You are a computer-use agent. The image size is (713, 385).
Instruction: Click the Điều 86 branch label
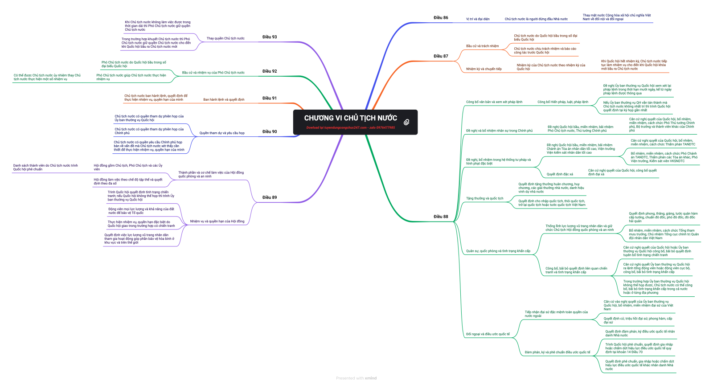click(x=441, y=18)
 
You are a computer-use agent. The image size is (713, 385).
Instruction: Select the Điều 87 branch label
click(x=441, y=56)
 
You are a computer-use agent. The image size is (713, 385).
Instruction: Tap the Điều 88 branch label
click(x=441, y=217)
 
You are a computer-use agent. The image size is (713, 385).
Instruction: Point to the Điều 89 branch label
click(x=270, y=197)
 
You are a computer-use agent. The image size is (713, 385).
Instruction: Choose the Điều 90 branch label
click(x=270, y=131)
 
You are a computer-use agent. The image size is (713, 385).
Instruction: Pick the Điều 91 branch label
click(x=270, y=98)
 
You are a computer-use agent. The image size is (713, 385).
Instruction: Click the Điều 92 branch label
click(x=270, y=71)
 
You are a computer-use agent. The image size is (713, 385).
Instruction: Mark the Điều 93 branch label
click(x=270, y=37)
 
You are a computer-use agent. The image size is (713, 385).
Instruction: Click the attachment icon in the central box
click(x=406, y=122)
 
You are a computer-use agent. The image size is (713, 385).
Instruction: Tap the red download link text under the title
click(x=350, y=128)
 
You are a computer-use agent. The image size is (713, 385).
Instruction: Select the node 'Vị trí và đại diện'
click(x=478, y=19)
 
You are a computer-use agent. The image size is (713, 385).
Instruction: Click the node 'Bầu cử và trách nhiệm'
click(x=482, y=46)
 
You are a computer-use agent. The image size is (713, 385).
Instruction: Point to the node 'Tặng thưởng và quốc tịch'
click(x=484, y=198)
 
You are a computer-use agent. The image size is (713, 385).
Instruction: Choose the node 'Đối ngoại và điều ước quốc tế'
click(x=488, y=334)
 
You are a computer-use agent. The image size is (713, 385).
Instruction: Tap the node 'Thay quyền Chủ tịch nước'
click(x=225, y=38)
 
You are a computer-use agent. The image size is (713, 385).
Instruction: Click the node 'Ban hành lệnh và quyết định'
click(x=224, y=99)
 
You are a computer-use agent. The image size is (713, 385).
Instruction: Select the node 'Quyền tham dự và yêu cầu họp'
click(x=222, y=133)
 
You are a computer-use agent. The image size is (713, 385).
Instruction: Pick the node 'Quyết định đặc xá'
click(x=560, y=174)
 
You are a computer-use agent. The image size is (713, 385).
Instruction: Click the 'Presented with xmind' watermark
click(x=356, y=378)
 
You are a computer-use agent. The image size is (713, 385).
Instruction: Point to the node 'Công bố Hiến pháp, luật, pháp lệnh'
click(x=562, y=102)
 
